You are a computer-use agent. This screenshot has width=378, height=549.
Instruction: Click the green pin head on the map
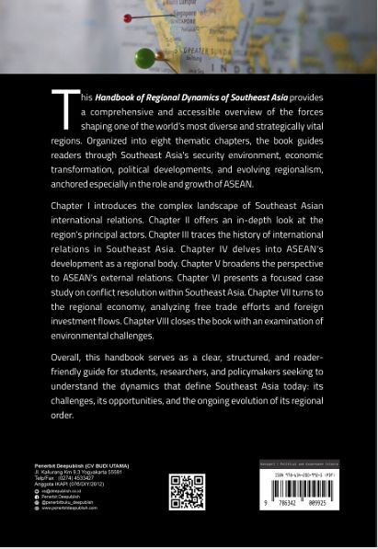point(144,59)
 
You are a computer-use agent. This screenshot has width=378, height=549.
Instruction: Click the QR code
point(187,492)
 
